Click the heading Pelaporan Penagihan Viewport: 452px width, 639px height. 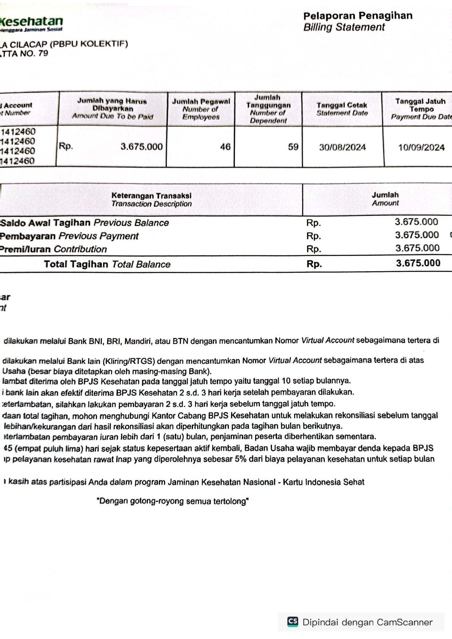point(358,16)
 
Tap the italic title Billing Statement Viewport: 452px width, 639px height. point(344,27)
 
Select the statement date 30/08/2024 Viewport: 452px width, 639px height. point(342,147)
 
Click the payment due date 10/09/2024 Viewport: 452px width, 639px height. point(421,147)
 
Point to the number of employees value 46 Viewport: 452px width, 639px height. point(225,147)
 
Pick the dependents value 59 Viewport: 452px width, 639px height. point(293,147)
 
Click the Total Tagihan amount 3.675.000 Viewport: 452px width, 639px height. point(418,263)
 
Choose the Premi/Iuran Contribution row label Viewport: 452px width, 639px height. point(54,249)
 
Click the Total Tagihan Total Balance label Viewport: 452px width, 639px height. point(107,264)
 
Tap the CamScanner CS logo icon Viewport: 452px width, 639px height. point(293,622)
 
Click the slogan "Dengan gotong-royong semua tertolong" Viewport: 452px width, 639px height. point(173,501)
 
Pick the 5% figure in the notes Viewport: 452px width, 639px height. point(241,459)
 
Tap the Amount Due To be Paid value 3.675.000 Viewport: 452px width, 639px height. point(141,147)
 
